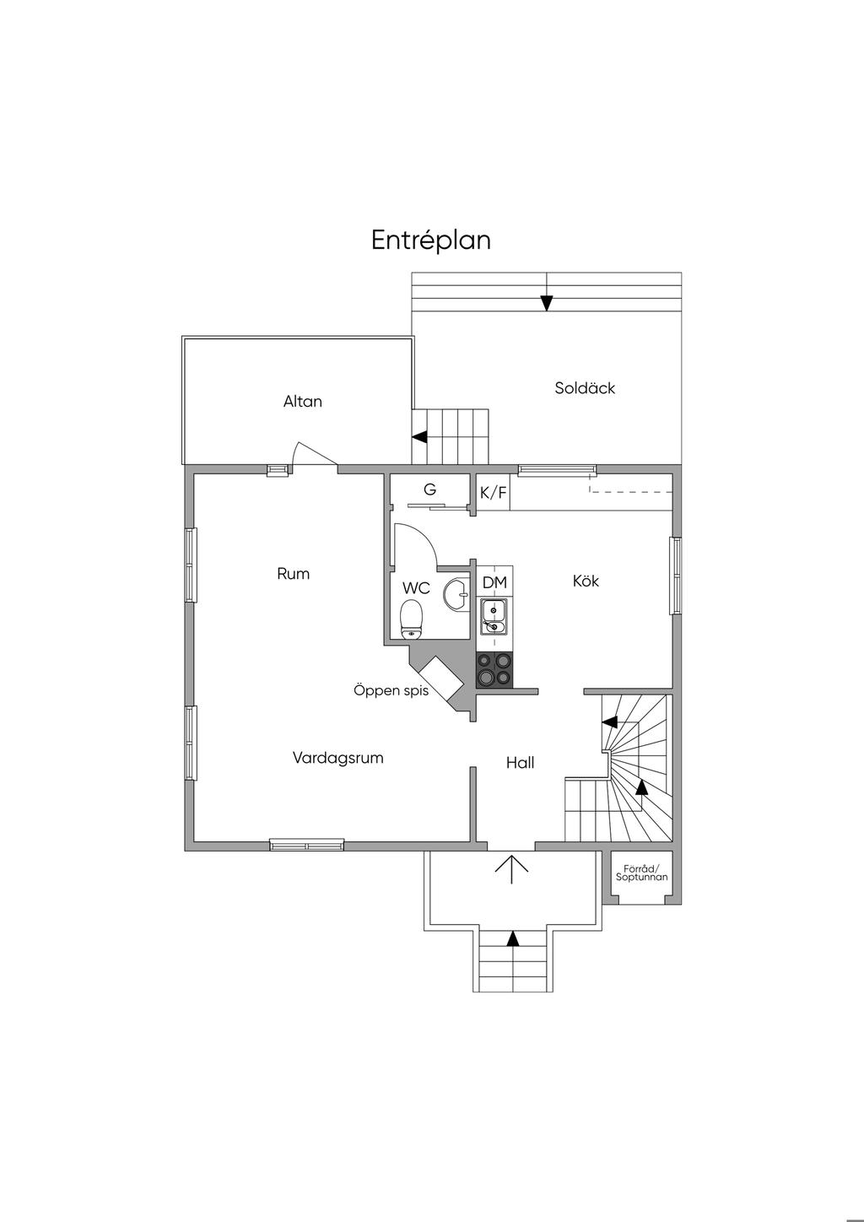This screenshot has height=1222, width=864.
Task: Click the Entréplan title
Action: pyautogui.click(x=431, y=241)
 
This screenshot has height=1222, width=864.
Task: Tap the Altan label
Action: pyautogui.click(x=303, y=402)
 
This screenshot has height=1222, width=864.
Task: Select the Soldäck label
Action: pyautogui.click(x=585, y=388)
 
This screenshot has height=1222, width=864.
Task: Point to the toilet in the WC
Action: pyautogui.click(x=411, y=619)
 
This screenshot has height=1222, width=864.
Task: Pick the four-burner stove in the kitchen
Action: pyautogui.click(x=494, y=669)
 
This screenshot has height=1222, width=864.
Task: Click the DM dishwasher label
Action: pyautogui.click(x=494, y=582)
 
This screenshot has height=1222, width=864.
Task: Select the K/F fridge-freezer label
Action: pyautogui.click(x=493, y=493)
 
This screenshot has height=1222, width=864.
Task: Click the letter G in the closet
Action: pyautogui.click(x=429, y=489)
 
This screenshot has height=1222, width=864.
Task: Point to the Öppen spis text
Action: pyautogui.click(x=391, y=690)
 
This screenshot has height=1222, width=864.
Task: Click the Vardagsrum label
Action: pyautogui.click(x=337, y=758)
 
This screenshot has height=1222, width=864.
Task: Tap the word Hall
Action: pyautogui.click(x=520, y=763)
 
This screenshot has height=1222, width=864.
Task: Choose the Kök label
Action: pyautogui.click(x=586, y=581)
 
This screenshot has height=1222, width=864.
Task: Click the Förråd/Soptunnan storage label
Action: pyautogui.click(x=641, y=873)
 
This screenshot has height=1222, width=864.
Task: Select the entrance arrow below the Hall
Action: pyautogui.click(x=511, y=869)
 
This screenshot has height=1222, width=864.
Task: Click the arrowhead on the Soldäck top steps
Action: pyautogui.click(x=547, y=303)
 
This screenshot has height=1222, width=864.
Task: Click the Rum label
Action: pyautogui.click(x=293, y=574)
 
